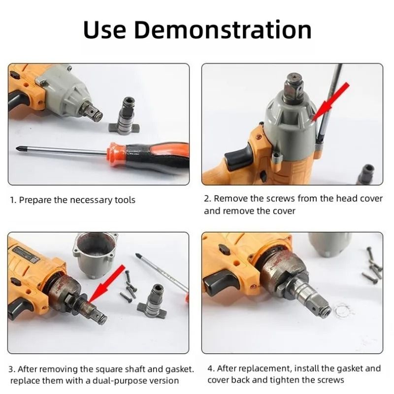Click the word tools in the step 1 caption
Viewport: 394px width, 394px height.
[124, 200]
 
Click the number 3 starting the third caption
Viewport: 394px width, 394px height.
[12, 369]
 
